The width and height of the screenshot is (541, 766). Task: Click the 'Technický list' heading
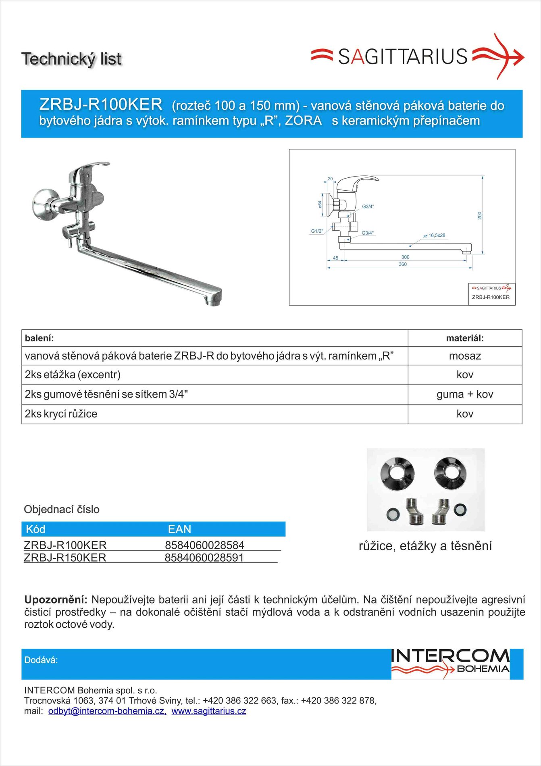(71, 59)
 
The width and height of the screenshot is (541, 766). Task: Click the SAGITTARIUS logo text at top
(402, 56)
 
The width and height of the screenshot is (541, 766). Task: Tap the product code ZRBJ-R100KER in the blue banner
(101, 104)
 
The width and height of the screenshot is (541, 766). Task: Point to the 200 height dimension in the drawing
(479, 216)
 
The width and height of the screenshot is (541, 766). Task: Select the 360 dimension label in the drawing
(403, 264)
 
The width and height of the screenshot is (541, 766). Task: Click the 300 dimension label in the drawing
(405, 257)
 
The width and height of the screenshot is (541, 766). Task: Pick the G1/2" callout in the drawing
(317, 231)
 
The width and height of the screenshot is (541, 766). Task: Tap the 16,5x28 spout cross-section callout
(436, 235)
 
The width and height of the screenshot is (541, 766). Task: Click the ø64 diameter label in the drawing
(320, 205)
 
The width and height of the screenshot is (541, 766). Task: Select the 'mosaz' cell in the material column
(465, 356)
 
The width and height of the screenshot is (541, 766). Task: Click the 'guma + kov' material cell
(465, 394)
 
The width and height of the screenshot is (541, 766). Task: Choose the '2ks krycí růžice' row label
(61, 414)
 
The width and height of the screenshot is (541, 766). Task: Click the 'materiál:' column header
(465, 338)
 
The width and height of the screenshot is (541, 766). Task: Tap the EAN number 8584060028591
(204, 558)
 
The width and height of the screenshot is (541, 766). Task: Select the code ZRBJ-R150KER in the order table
(65, 558)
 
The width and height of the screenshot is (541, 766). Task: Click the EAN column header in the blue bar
(179, 529)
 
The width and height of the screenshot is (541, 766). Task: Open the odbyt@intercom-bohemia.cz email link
(107, 711)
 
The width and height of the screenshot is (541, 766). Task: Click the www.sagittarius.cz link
(209, 711)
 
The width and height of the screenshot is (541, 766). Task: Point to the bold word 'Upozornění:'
(56, 600)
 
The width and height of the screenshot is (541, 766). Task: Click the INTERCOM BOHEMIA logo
(450, 663)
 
